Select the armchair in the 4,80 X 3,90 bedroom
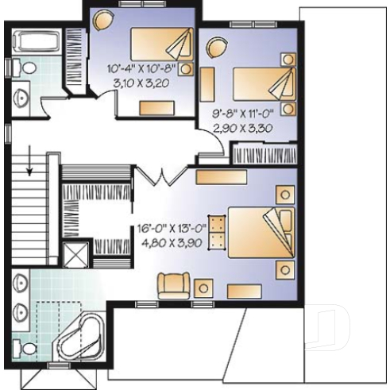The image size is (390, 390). pyautogui.click(x=173, y=284)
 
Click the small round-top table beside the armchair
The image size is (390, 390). pyautogui.click(x=204, y=288)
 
